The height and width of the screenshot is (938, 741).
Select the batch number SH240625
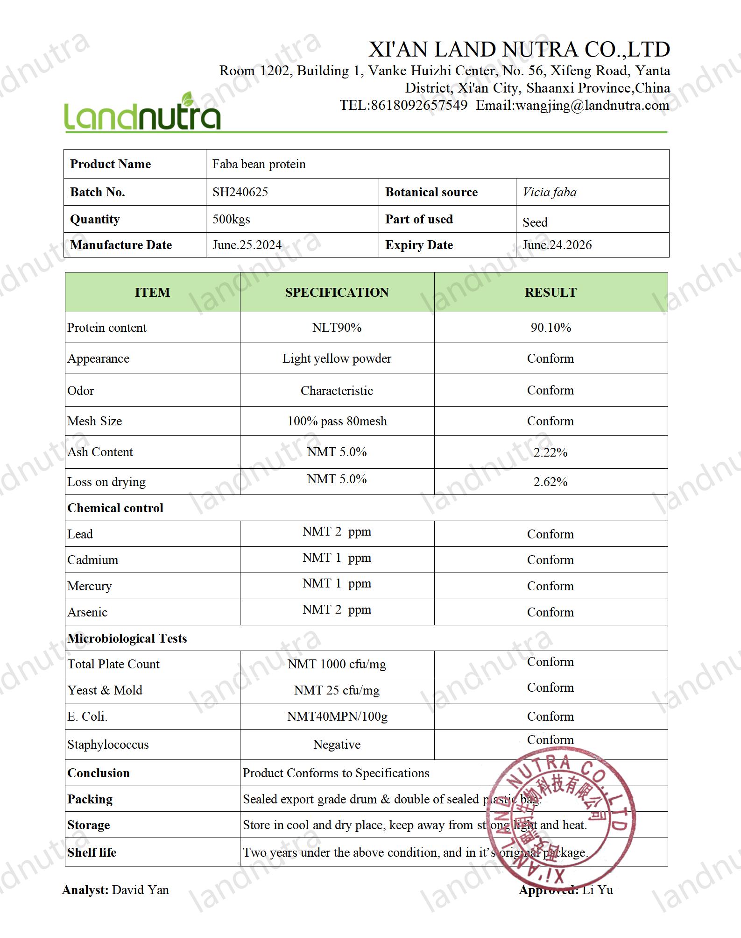[x=240, y=192]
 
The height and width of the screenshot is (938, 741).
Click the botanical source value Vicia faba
[x=550, y=192]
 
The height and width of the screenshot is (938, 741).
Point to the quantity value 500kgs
[x=231, y=219]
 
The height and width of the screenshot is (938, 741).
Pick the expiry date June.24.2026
[x=557, y=245]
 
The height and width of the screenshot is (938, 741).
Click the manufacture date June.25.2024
[x=247, y=245]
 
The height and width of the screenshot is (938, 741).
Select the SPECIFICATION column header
[x=337, y=293]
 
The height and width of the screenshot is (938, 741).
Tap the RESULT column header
[x=550, y=293]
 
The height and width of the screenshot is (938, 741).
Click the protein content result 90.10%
[x=550, y=328]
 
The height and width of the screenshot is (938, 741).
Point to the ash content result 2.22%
[x=550, y=452]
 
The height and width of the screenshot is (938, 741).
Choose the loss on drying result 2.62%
[x=550, y=482]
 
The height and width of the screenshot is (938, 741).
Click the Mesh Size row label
[x=95, y=421]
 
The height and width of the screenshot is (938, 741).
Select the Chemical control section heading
[x=115, y=508]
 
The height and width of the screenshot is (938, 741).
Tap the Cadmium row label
[x=93, y=560]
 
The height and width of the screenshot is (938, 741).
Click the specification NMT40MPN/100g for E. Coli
[x=337, y=716]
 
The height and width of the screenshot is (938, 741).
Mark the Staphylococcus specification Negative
[x=337, y=745]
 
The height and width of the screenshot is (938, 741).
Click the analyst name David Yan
[x=141, y=890]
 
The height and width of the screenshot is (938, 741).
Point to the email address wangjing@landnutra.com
[x=592, y=106]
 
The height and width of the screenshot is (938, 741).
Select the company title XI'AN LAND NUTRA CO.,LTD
[x=519, y=50]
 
